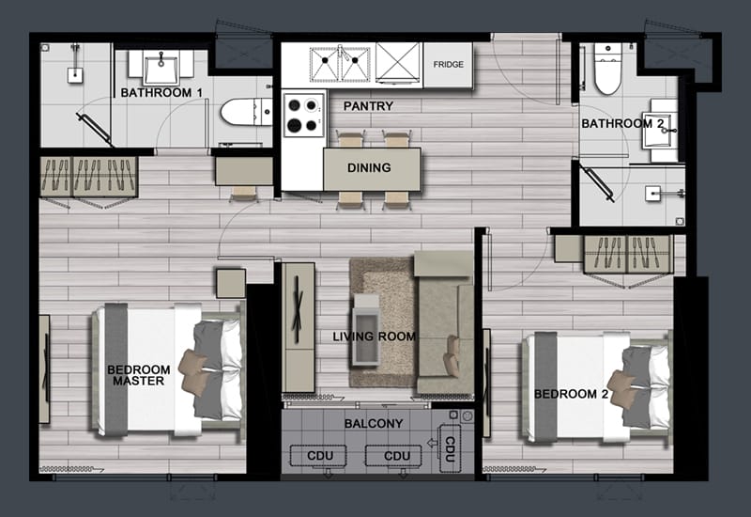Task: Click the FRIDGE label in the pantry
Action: (449, 64)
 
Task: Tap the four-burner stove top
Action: (303, 115)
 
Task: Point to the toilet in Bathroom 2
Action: (607, 69)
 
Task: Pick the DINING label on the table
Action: (369, 168)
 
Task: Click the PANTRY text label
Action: (368, 106)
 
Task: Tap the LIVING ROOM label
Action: (374, 337)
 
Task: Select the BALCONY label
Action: (374, 424)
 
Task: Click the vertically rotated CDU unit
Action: (450, 448)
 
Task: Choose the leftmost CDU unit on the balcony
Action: (318, 456)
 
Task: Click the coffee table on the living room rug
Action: (366, 330)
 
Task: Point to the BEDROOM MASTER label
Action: (138, 375)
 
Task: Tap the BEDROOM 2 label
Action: (571, 394)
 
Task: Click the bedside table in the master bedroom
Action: (231, 284)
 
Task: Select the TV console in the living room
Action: (298, 327)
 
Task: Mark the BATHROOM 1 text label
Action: (161, 92)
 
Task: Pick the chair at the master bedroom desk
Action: (243, 194)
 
